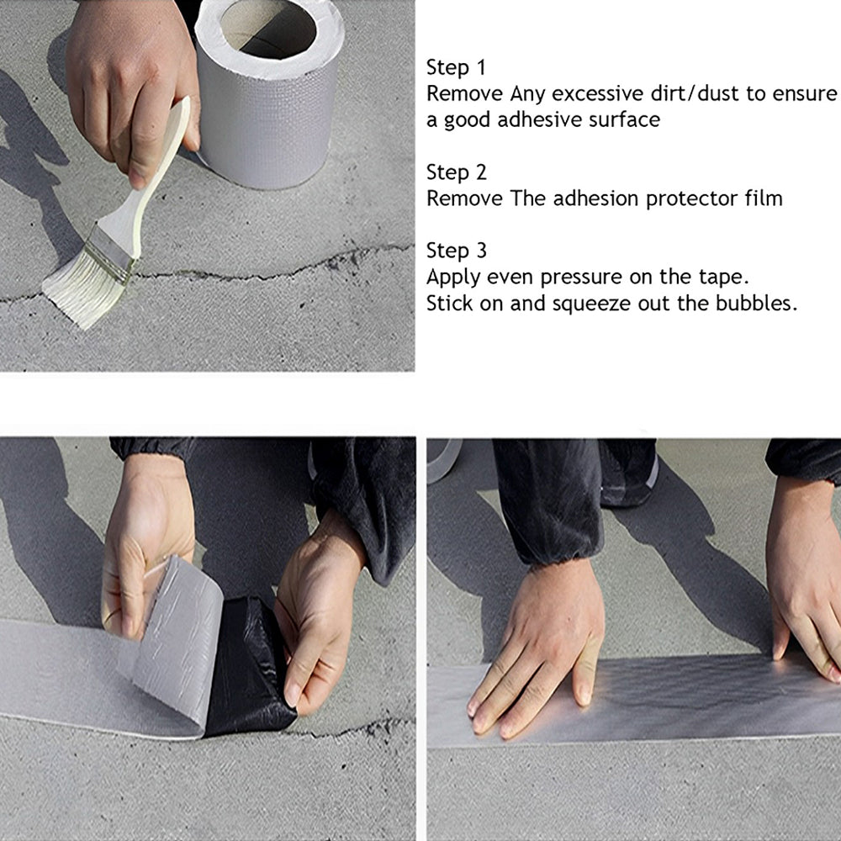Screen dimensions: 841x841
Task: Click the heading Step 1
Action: pyautogui.click(x=456, y=68)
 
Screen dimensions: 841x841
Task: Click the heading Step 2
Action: pyautogui.click(x=456, y=173)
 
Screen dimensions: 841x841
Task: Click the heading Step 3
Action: pyautogui.click(x=456, y=251)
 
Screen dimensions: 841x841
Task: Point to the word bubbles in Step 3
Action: pyautogui.click(x=753, y=304)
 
